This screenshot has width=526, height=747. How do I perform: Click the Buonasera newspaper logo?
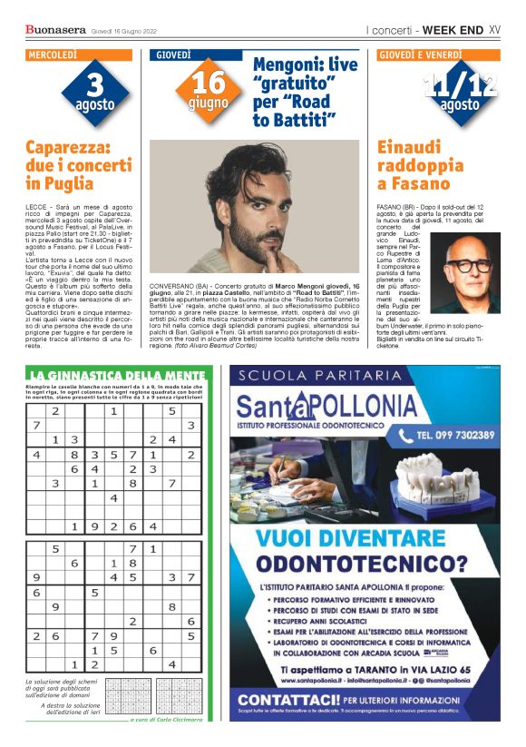[x=55, y=30]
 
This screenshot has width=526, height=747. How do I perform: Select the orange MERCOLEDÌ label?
[x=53, y=55]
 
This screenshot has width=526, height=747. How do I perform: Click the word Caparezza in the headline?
[x=68, y=147]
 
